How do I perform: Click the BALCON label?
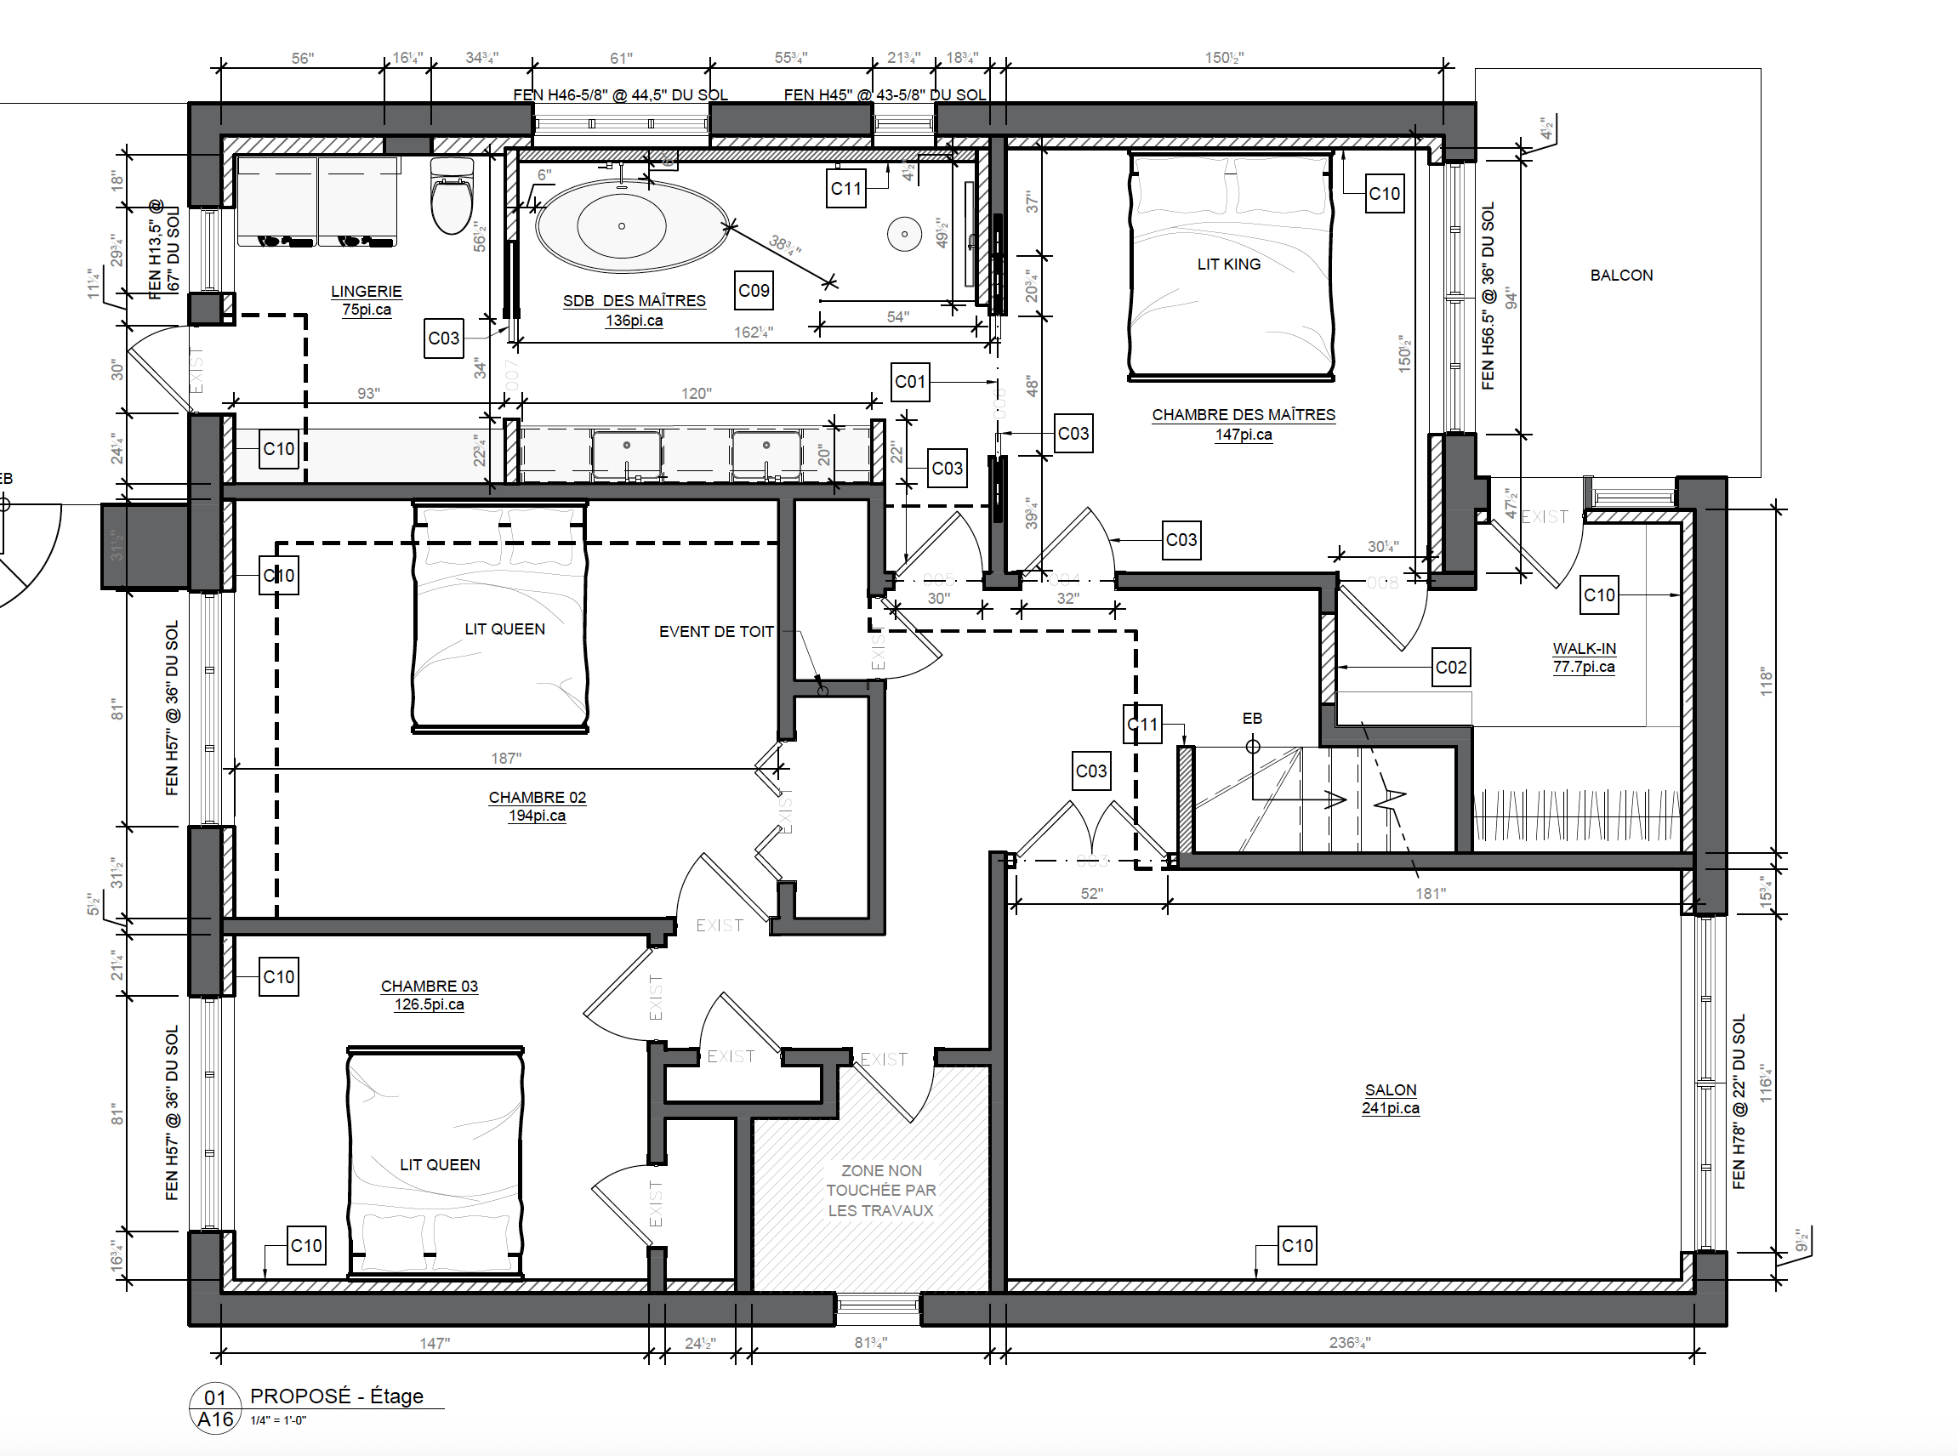pos(1620,275)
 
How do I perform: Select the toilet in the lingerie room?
pos(452,196)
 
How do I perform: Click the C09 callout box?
pos(754,291)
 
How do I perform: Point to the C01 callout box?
pos(910,382)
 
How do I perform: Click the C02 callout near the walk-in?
pos(1450,667)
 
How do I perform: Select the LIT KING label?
pos(1228,264)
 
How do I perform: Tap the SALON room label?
pos(1391,1090)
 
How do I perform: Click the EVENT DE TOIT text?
pos(716,632)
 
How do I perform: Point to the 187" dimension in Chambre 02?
pos(506,758)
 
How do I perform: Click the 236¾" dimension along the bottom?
pos(1349,1342)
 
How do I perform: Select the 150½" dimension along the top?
pos(1224,58)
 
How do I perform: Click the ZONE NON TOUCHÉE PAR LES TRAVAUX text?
pos(880,1190)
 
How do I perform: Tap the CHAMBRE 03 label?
pos(430,987)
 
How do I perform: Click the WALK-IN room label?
pos(1584,649)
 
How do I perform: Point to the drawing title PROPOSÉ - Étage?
pos(337,1396)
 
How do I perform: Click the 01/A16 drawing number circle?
pos(215,1408)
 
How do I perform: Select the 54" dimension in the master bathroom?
pos(897,316)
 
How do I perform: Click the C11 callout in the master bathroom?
pos(845,189)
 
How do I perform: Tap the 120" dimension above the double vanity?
pos(696,393)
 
